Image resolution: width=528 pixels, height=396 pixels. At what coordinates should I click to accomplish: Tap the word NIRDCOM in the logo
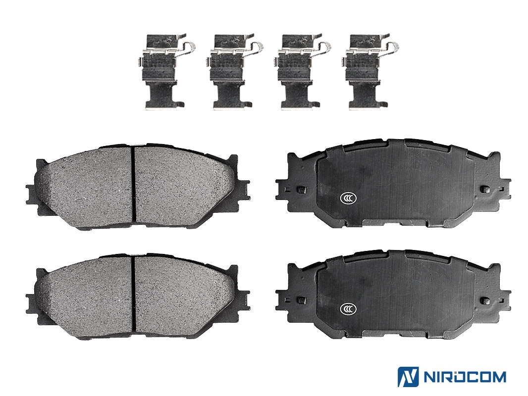465,377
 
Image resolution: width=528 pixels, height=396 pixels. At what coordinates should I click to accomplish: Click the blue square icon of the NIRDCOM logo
408,377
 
